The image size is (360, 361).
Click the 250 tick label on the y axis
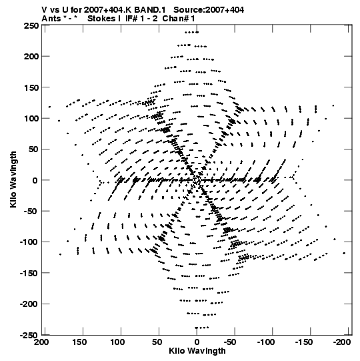coord(31,25)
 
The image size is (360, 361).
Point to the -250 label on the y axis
coord(29,335)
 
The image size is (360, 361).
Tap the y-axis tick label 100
coord(31,118)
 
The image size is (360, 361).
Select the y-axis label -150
coord(29,274)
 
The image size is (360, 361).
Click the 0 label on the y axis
coord(35,180)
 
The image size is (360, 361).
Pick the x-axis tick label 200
coord(41,342)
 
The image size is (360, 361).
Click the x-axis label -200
coord(342,342)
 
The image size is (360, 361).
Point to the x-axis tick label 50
coord(157,342)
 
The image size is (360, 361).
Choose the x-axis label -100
coord(266,342)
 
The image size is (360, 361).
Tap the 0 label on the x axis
coord(197,342)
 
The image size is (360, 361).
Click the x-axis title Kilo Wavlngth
coord(197,351)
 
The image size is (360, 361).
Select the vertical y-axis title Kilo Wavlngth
coord(13,179)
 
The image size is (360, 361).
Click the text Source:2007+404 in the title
coord(209,10)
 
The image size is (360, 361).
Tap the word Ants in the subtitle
coord(51,19)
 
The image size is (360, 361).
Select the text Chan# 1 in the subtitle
coord(179,19)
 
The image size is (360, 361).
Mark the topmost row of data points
coord(191,32)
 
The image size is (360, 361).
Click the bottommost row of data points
coord(202,328)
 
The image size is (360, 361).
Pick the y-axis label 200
coord(31,57)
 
